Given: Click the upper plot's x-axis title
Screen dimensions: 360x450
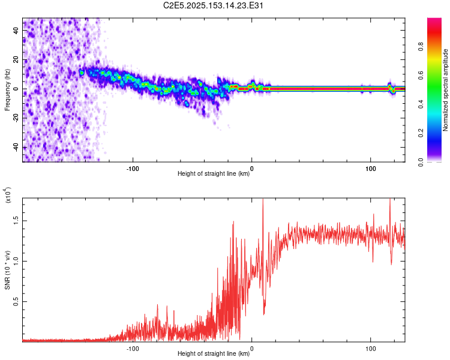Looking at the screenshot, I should click(214, 174).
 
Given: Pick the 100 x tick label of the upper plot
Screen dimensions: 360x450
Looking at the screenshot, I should click(370, 167).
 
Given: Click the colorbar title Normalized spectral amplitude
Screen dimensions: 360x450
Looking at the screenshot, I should click(446, 90).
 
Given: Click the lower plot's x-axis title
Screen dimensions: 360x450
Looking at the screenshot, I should click(214, 353).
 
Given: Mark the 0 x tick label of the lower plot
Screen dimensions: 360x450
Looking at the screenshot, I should click(251, 347).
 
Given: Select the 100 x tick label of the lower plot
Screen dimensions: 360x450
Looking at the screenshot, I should click(370, 347).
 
